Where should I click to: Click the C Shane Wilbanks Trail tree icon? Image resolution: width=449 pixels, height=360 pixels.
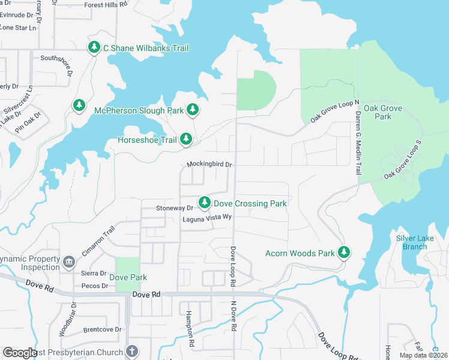pyautogui.click(x=94, y=47)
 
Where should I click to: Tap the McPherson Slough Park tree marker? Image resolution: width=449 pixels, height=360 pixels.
pyautogui.click(x=193, y=110)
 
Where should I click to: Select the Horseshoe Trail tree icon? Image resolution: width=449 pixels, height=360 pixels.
pyautogui.click(x=186, y=139)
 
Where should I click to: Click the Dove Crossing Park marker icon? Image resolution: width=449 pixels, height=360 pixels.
pyautogui.click(x=205, y=203)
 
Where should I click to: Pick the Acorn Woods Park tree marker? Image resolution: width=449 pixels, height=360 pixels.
pyautogui.click(x=344, y=253)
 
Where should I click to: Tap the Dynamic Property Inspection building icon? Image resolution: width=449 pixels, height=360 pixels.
pyautogui.click(x=69, y=262)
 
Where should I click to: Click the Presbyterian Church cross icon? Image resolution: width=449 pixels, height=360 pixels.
pyautogui.click(x=132, y=352)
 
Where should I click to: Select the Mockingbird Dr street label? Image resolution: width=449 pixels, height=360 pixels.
pyautogui.click(x=209, y=164)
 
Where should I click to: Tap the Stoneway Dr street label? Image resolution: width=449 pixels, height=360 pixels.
pyautogui.click(x=175, y=208)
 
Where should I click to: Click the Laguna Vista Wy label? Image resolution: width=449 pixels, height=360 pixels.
pyautogui.click(x=207, y=219)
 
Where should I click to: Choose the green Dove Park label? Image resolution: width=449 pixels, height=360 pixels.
pyautogui.click(x=128, y=277)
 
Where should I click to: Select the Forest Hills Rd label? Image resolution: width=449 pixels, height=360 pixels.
pyautogui.click(x=106, y=4)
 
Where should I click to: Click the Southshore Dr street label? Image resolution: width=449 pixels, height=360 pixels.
pyautogui.click(x=56, y=58)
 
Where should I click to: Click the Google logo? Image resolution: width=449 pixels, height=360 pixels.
pyautogui.click(x=20, y=353)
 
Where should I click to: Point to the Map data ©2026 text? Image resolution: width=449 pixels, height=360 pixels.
pyautogui.click(x=423, y=355)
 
